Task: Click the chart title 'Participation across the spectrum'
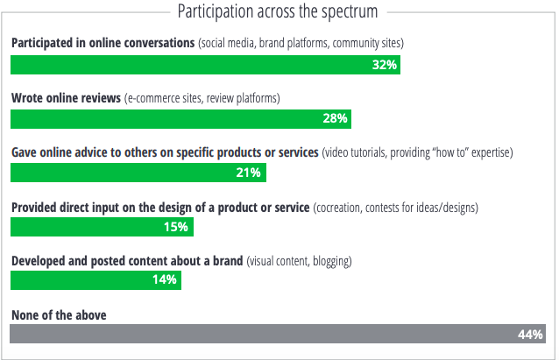278,12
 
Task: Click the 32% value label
385,65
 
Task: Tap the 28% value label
336,118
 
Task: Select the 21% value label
249,173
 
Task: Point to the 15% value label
176,227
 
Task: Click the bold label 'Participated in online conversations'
103,42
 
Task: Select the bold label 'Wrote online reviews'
66,96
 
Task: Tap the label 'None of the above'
59,313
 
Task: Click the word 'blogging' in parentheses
330,260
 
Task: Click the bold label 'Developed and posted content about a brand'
126,260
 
